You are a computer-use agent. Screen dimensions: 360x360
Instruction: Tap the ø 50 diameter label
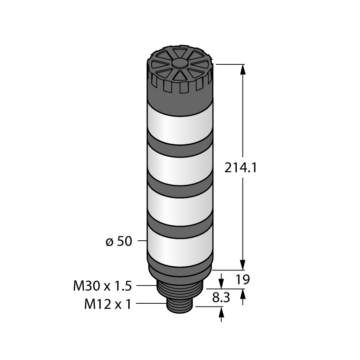click(119, 241)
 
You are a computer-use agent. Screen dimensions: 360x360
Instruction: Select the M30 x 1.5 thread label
click(103, 286)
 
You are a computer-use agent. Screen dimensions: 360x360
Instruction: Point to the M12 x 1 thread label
click(108, 305)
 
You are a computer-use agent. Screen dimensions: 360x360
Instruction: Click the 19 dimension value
click(243, 279)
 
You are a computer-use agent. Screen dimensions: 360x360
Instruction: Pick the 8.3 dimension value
click(221, 298)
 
